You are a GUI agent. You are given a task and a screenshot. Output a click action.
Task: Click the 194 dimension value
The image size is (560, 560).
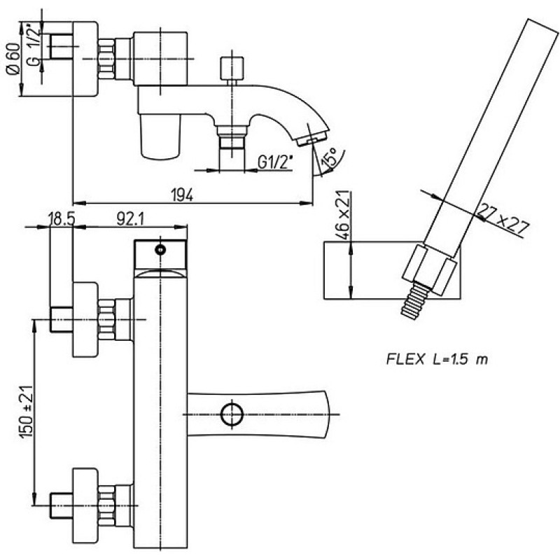point(183,195)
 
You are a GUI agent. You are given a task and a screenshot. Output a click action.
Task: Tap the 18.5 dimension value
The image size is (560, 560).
point(62,220)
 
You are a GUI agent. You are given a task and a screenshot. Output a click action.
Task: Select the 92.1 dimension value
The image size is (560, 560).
point(130,220)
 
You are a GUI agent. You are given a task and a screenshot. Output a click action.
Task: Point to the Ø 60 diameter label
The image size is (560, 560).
point(13,59)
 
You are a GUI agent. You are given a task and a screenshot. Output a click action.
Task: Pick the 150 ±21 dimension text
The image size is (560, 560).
point(27,412)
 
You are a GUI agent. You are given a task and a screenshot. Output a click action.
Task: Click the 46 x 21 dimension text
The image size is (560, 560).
point(342,216)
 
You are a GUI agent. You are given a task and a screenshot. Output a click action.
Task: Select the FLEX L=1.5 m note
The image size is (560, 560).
point(437,359)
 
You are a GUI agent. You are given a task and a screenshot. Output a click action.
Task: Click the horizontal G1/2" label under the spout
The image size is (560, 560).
point(275,163)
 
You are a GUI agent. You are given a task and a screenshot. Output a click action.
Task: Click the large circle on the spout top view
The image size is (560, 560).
point(232,414)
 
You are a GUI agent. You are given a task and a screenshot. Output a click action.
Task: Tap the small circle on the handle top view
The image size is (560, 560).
point(160,249)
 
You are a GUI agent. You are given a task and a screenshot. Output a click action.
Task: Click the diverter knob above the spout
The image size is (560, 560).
point(232,68)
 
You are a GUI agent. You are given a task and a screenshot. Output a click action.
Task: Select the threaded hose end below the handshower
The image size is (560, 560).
point(414,300)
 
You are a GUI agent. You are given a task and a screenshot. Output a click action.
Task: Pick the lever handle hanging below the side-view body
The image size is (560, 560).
point(160,136)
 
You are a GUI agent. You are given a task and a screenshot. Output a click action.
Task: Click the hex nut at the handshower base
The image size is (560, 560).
point(429,269)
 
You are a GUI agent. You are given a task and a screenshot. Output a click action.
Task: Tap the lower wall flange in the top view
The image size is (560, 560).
point(85,505)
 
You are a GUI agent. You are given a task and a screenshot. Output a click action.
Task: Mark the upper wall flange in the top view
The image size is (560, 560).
point(85,319)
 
